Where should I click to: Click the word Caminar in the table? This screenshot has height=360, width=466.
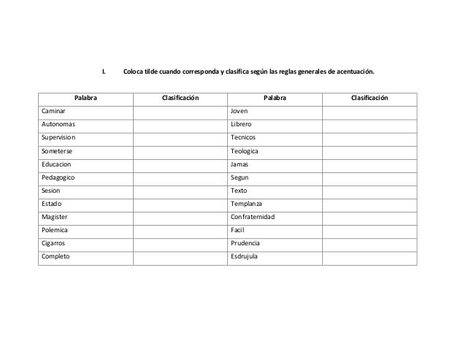[53, 112]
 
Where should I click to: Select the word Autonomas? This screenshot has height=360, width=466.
[58, 125]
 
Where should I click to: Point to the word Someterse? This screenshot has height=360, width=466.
[57, 151]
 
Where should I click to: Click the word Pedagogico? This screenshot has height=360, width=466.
[58, 177]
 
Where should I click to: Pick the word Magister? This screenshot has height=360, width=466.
[55, 217]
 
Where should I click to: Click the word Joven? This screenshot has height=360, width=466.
[239, 112]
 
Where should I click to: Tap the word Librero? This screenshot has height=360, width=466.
[241, 125]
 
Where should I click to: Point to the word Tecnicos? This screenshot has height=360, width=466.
[243, 138]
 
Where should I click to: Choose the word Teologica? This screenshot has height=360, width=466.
[245, 151]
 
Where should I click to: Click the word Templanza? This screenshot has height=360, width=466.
[246, 204]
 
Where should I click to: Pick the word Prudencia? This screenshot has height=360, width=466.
[245, 243]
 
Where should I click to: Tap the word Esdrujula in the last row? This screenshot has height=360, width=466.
[245, 256]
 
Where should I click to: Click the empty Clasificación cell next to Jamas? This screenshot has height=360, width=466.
[370, 164]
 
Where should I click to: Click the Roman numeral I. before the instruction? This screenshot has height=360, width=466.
[103, 72]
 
